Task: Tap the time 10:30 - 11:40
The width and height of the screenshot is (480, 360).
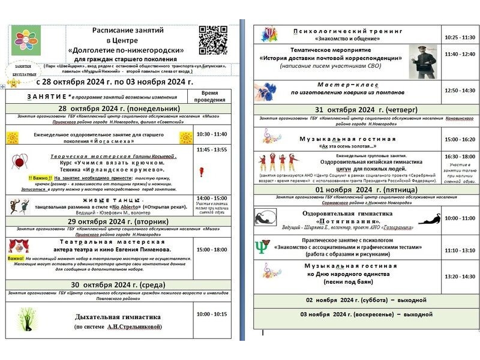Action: tap(211, 134)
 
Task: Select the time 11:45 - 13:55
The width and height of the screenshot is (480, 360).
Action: tap(211, 149)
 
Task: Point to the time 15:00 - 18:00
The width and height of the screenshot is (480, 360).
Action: tap(211, 249)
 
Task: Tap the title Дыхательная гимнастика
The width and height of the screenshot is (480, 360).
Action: tap(118, 316)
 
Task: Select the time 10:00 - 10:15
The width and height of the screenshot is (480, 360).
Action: tap(211, 313)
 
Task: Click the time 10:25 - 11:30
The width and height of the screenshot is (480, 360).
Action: tap(460, 37)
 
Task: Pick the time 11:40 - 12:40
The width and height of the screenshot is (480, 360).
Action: tap(460, 54)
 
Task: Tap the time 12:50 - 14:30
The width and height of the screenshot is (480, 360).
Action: tap(460, 90)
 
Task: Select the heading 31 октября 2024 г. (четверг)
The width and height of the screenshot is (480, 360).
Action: tap(367, 110)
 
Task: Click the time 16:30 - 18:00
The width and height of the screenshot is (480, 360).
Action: tap(460, 156)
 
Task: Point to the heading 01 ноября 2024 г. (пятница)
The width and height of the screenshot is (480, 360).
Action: tap(367, 190)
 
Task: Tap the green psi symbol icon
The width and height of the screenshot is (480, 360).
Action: tap(263, 246)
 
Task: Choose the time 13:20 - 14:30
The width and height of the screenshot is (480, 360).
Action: tap(460, 277)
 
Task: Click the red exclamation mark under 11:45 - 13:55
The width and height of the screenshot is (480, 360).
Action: tap(201, 172)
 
